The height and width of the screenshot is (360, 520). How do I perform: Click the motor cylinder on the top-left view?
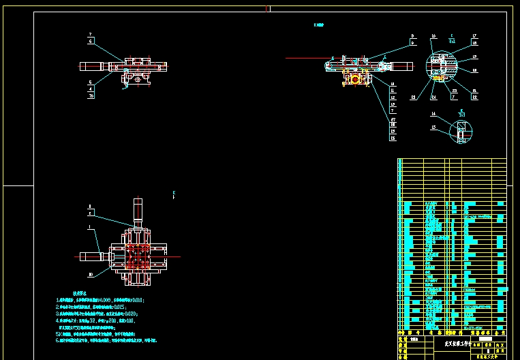pos(92,67)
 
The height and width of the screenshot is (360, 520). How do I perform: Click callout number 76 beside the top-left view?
pos(91,96)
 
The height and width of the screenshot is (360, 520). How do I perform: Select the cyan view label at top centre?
pos(318,25)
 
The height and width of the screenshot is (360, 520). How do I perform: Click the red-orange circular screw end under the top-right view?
pos(354,80)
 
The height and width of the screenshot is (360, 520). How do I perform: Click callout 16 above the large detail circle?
pos(433,35)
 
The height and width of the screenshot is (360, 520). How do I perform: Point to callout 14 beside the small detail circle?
pos(433,114)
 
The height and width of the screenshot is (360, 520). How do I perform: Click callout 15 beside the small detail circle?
pos(433,127)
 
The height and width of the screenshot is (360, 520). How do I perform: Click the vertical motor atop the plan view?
pos(138,211)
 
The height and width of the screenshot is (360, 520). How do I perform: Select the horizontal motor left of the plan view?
pos(90,256)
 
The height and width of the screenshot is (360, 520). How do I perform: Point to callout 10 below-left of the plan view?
pos(91,275)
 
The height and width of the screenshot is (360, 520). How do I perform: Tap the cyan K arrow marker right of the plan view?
pos(174,195)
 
